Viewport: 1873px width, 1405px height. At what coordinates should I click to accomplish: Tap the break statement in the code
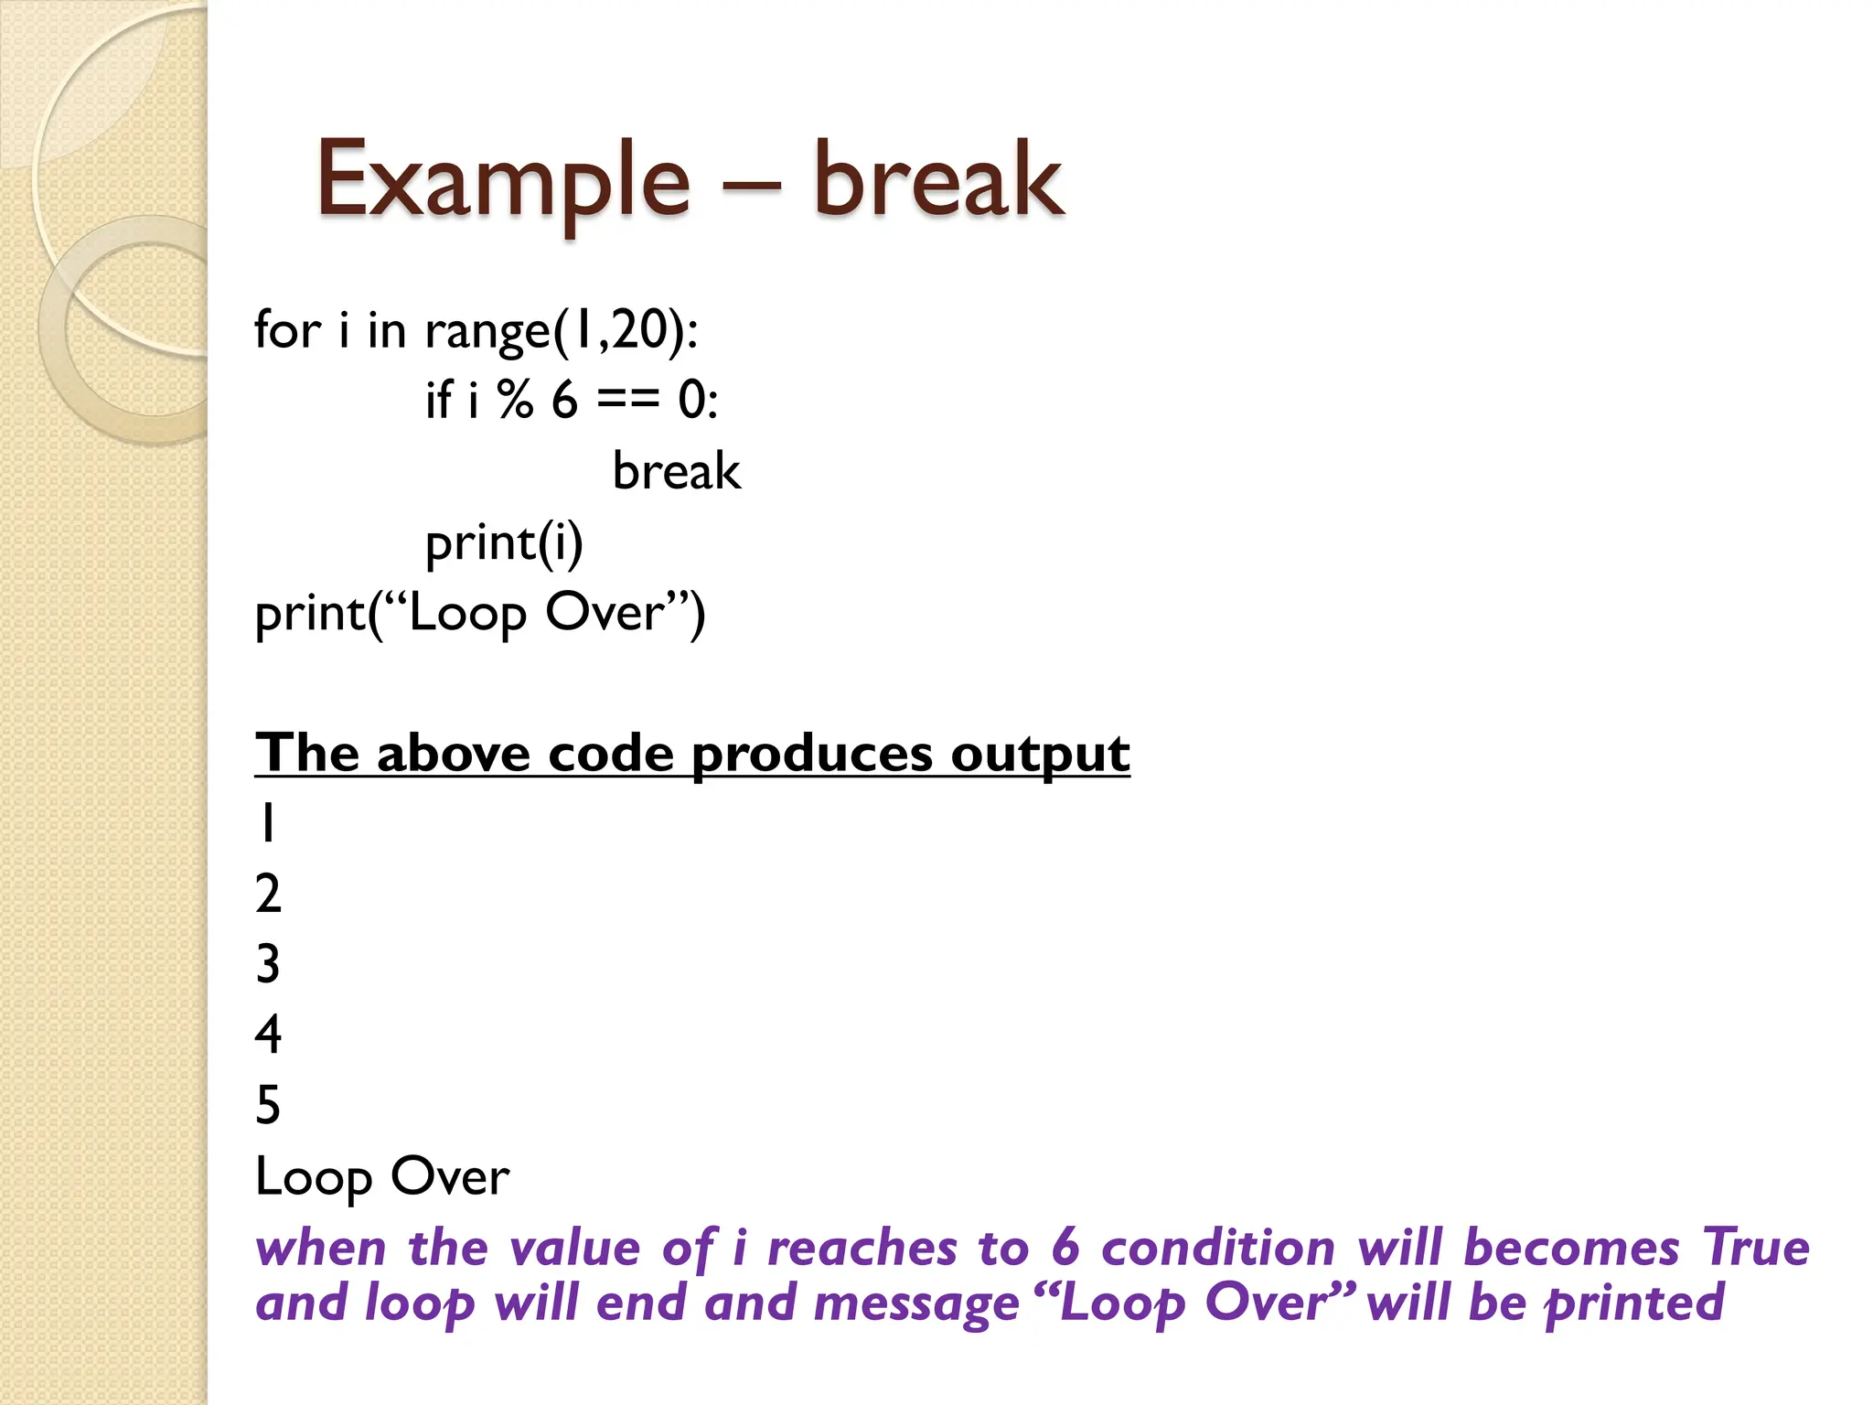[x=676, y=472]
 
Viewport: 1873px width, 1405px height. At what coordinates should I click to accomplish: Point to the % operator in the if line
[x=515, y=400]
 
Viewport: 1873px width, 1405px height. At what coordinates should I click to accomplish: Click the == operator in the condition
[x=627, y=401]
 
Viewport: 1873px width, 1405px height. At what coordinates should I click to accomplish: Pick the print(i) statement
[x=504, y=543]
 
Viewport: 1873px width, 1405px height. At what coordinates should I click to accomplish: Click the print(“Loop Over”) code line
[x=480, y=613]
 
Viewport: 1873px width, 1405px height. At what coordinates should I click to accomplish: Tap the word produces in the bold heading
[x=812, y=755]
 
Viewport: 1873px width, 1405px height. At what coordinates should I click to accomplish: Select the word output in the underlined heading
[x=1040, y=755]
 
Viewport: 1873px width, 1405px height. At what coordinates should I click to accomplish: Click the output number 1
[x=266, y=822]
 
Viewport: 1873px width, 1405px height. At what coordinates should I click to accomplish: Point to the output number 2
[x=268, y=894]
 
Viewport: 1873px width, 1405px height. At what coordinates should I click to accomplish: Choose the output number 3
[x=268, y=964]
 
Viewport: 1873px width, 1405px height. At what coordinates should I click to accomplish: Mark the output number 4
[x=268, y=1035]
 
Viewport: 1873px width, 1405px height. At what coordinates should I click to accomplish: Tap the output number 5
[x=268, y=1105]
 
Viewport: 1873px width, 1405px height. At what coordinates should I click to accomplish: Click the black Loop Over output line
[x=382, y=1177]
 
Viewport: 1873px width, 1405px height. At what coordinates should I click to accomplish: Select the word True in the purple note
[x=1755, y=1248]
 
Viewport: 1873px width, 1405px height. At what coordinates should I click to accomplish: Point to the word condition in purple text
[x=1218, y=1248]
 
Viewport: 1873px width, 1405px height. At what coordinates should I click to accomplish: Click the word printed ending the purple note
[x=1633, y=1303]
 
